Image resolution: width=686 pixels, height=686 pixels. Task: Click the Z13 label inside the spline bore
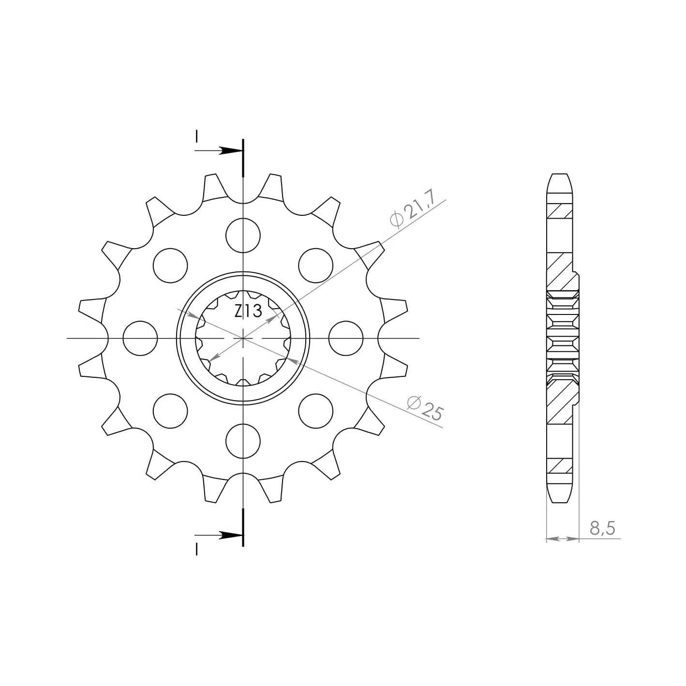(x=248, y=311)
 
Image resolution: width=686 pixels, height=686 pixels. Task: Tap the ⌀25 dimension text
(x=425, y=408)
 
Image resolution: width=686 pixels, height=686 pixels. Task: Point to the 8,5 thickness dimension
(x=602, y=528)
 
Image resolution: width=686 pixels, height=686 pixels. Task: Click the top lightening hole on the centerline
(x=243, y=236)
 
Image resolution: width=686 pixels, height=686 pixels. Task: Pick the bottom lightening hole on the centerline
(x=243, y=441)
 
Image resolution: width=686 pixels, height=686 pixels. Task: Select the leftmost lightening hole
(x=140, y=338)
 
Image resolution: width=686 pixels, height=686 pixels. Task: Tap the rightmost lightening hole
(x=346, y=338)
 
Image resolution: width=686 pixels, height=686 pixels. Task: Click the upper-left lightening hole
(x=170, y=266)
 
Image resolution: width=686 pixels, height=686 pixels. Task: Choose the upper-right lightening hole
(x=316, y=266)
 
